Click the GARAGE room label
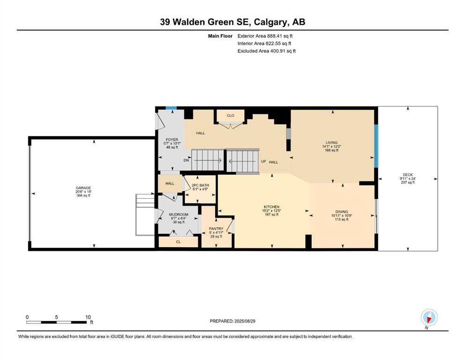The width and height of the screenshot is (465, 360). (83, 188)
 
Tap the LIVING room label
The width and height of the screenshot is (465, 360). (332, 142)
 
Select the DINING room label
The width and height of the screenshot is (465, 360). (342, 211)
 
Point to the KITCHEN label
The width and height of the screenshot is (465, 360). (272, 207)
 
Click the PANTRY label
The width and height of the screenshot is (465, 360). (216, 229)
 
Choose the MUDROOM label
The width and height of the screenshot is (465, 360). (178, 214)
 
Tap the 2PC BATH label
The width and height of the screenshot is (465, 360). (200, 185)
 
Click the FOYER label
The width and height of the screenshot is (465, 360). (172, 140)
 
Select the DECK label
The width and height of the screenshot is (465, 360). (408, 175)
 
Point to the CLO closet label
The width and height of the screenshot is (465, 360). (230, 115)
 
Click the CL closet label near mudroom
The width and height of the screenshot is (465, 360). (178, 242)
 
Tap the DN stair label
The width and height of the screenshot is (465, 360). (186, 160)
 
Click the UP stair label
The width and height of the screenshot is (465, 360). (263, 161)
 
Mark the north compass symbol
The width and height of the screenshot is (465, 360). (429, 318)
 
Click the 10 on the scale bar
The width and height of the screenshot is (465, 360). (88, 317)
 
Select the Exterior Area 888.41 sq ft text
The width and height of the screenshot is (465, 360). (265, 36)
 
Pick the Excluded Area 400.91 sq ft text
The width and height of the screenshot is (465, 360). (266, 51)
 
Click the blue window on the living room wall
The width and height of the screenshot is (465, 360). (376, 146)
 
